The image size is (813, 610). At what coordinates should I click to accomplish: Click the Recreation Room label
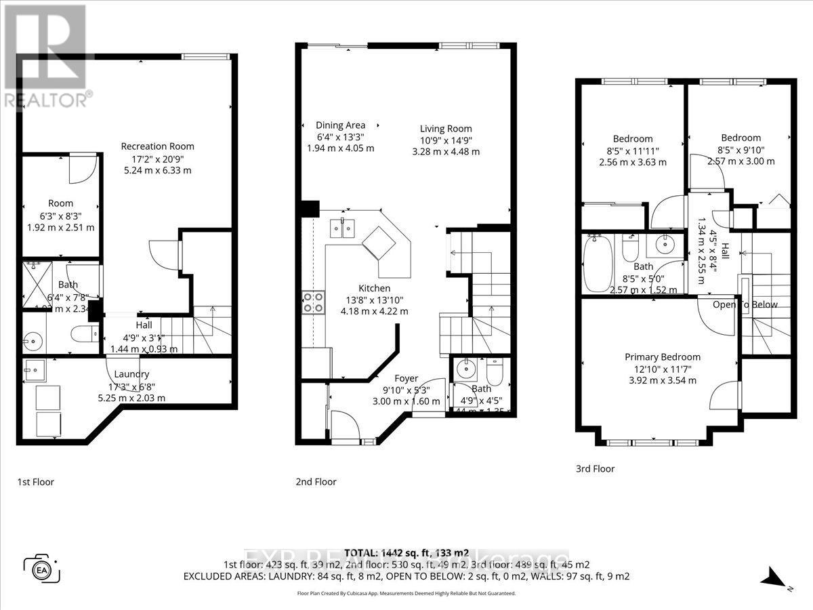coord(157,146)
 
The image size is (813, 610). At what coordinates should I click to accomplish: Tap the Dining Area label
coord(340,125)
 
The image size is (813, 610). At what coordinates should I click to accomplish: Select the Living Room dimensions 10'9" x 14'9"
coord(445,140)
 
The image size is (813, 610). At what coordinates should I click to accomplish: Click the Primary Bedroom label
coord(662,357)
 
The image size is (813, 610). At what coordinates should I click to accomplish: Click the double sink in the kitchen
coord(342,229)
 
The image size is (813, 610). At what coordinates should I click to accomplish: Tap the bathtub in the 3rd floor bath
coord(599,263)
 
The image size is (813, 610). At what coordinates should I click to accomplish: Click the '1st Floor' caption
coord(35,482)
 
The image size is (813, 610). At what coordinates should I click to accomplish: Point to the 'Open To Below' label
coord(745,304)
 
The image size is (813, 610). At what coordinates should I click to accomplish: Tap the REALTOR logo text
coord(47,100)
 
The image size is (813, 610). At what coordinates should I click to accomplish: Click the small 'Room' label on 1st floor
coord(60,203)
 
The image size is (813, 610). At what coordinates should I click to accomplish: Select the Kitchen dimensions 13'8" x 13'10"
coord(375,300)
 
